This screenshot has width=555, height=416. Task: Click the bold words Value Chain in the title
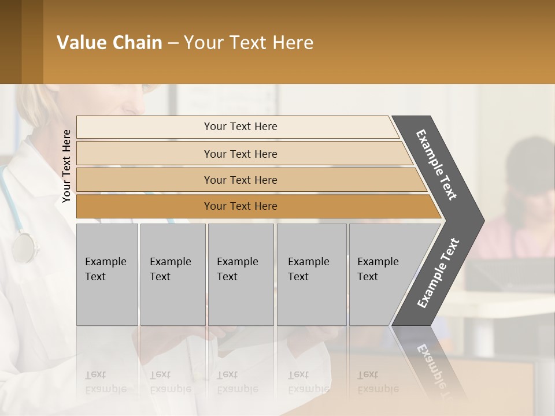(x=109, y=43)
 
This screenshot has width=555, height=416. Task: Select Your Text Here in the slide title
(x=249, y=43)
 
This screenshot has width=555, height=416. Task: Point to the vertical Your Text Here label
(x=66, y=166)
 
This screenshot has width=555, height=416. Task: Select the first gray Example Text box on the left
(x=107, y=274)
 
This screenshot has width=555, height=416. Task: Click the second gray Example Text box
(x=172, y=274)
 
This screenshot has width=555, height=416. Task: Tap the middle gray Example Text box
(x=240, y=274)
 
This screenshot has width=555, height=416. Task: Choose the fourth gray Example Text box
(x=312, y=274)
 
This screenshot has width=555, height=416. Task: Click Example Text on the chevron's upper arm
(x=436, y=165)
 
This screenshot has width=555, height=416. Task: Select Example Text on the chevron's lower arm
(x=438, y=273)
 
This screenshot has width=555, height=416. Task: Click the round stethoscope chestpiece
(x=24, y=247)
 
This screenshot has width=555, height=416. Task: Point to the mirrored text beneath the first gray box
(x=106, y=382)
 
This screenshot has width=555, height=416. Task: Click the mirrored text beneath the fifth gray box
(x=378, y=382)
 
